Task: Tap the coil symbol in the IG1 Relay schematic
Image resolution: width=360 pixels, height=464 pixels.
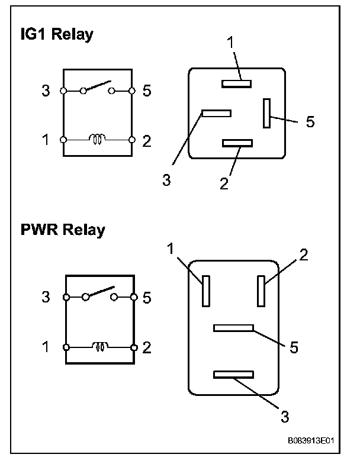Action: click(97, 140)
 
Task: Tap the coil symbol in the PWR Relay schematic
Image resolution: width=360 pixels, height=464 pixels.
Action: click(99, 346)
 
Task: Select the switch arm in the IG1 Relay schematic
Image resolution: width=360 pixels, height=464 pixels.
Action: click(97, 86)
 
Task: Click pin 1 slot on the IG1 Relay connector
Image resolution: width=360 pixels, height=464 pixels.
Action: click(237, 84)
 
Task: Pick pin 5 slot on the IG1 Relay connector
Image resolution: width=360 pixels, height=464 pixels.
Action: click(268, 112)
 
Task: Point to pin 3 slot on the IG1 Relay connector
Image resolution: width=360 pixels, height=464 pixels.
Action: click(216, 112)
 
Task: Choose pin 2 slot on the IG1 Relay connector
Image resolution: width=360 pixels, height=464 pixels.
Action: click(237, 143)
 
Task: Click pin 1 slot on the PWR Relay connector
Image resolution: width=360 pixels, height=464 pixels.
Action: click(205, 291)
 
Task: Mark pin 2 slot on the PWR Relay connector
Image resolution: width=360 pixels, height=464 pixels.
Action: click(261, 291)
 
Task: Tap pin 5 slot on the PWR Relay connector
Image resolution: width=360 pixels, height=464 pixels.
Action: click(233, 327)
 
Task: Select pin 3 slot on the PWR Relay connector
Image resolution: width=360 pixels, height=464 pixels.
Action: click(233, 374)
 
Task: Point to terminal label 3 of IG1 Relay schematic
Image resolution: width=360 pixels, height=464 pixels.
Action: click(46, 91)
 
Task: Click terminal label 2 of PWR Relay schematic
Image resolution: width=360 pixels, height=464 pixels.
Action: click(147, 347)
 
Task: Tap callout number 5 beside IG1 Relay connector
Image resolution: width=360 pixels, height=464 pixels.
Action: click(310, 122)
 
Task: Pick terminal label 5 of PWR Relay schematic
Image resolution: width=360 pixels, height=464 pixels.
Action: click(147, 297)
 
